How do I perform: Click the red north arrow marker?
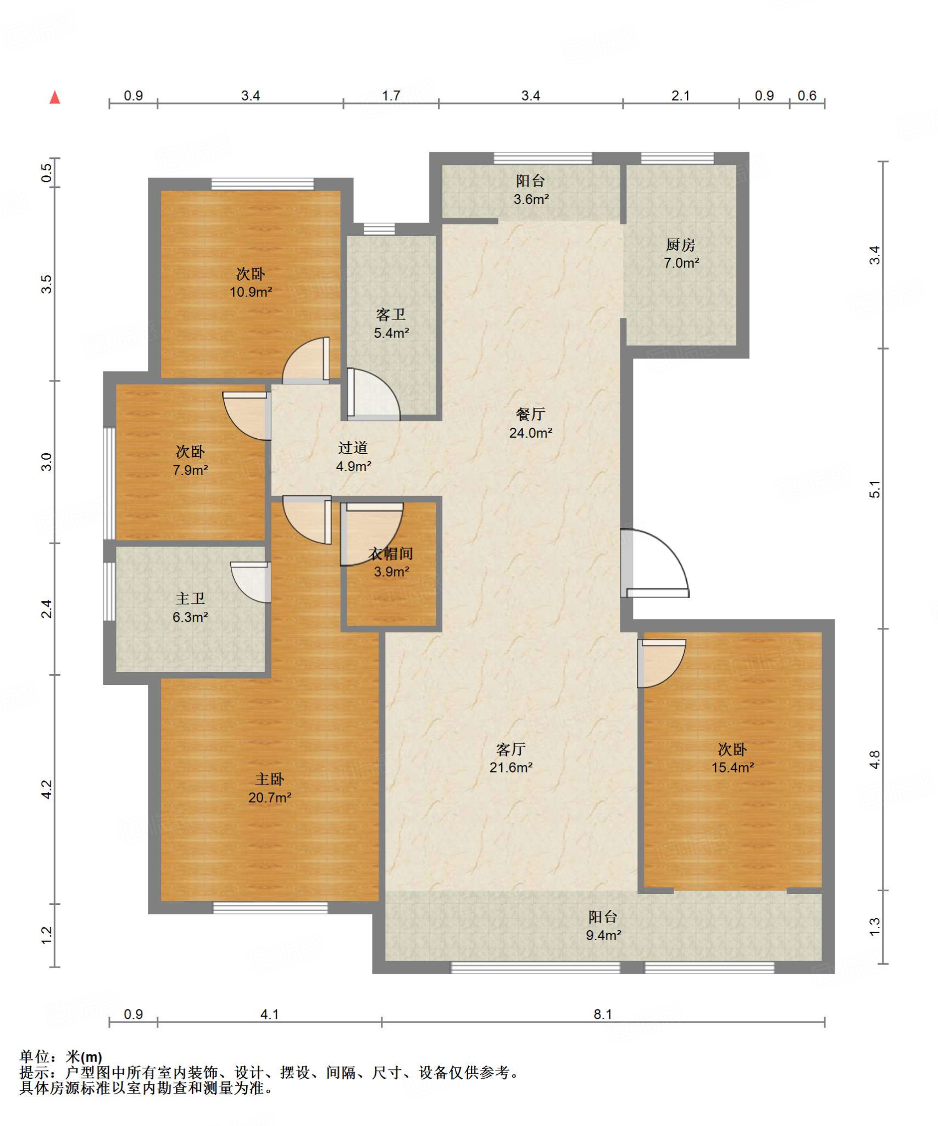pos(54,97)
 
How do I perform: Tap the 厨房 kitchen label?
pos(681,245)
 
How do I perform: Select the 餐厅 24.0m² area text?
pos(531,433)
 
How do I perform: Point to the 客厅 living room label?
pos(511,749)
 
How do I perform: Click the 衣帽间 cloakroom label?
pos(391,553)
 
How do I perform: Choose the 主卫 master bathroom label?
pos(190,598)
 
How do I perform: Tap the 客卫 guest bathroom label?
pos(391,314)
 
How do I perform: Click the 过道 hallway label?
pos(353,448)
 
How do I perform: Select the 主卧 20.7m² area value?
pos(270,797)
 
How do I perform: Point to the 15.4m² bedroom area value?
pos(733,767)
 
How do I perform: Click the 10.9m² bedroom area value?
pos(251,292)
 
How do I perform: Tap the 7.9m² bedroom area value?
pos(190,470)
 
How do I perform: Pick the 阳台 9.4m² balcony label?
pos(603,917)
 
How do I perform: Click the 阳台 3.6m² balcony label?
pos(530,181)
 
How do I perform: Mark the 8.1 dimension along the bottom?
pos(603,1014)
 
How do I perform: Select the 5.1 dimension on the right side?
pos(875,489)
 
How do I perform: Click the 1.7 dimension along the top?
pos(391,96)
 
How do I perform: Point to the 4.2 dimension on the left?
pos(47,789)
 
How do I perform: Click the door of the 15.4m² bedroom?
pos(662,663)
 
